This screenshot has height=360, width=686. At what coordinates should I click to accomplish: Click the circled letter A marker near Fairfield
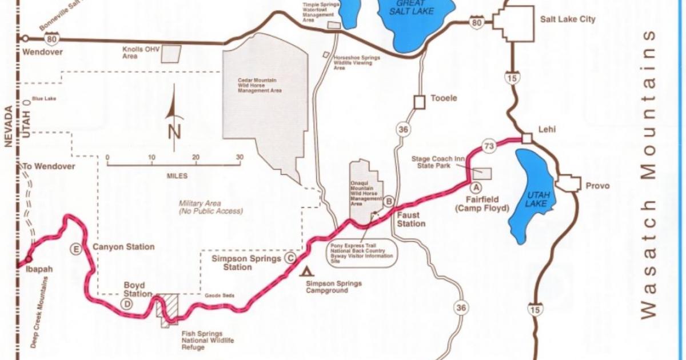(x=473, y=186)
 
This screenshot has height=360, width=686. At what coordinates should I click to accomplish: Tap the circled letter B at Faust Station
(x=388, y=201)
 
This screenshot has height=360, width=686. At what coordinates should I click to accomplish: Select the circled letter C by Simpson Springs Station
(x=290, y=258)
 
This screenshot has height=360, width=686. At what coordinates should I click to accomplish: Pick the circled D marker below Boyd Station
(x=127, y=304)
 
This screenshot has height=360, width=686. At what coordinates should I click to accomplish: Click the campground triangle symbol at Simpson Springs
(x=308, y=271)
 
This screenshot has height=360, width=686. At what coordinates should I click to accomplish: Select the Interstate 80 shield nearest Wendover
(x=51, y=39)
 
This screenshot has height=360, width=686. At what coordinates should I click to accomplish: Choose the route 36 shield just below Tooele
(x=404, y=130)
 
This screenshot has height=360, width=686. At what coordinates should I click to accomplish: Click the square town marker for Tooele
(x=420, y=102)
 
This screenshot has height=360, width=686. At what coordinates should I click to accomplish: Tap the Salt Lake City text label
(x=568, y=19)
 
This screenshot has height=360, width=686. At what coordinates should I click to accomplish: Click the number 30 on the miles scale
(x=240, y=158)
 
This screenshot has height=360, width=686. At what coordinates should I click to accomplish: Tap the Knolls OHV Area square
(x=171, y=53)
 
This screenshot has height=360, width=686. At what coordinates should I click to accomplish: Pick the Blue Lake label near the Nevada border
(x=43, y=99)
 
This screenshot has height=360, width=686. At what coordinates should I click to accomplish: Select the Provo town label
(x=597, y=186)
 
